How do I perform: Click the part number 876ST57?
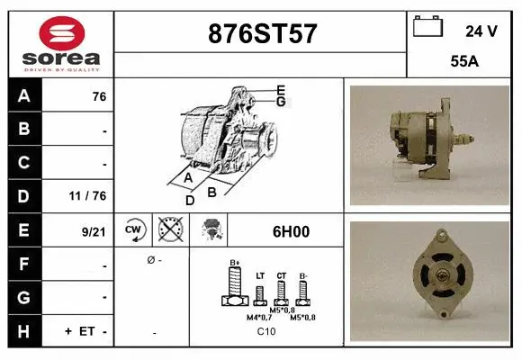click(x=262, y=33)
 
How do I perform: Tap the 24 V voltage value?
click(x=481, y=31)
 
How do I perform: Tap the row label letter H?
click(x=23, y=330)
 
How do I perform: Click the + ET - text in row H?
click(x=86, y=331)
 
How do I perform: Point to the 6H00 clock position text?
click(x=291, y=231)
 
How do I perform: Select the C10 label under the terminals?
click(x=265, y=332)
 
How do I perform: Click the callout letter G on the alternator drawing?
click(x=281, y=102)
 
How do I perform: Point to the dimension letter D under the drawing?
click(x=190, y=200)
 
